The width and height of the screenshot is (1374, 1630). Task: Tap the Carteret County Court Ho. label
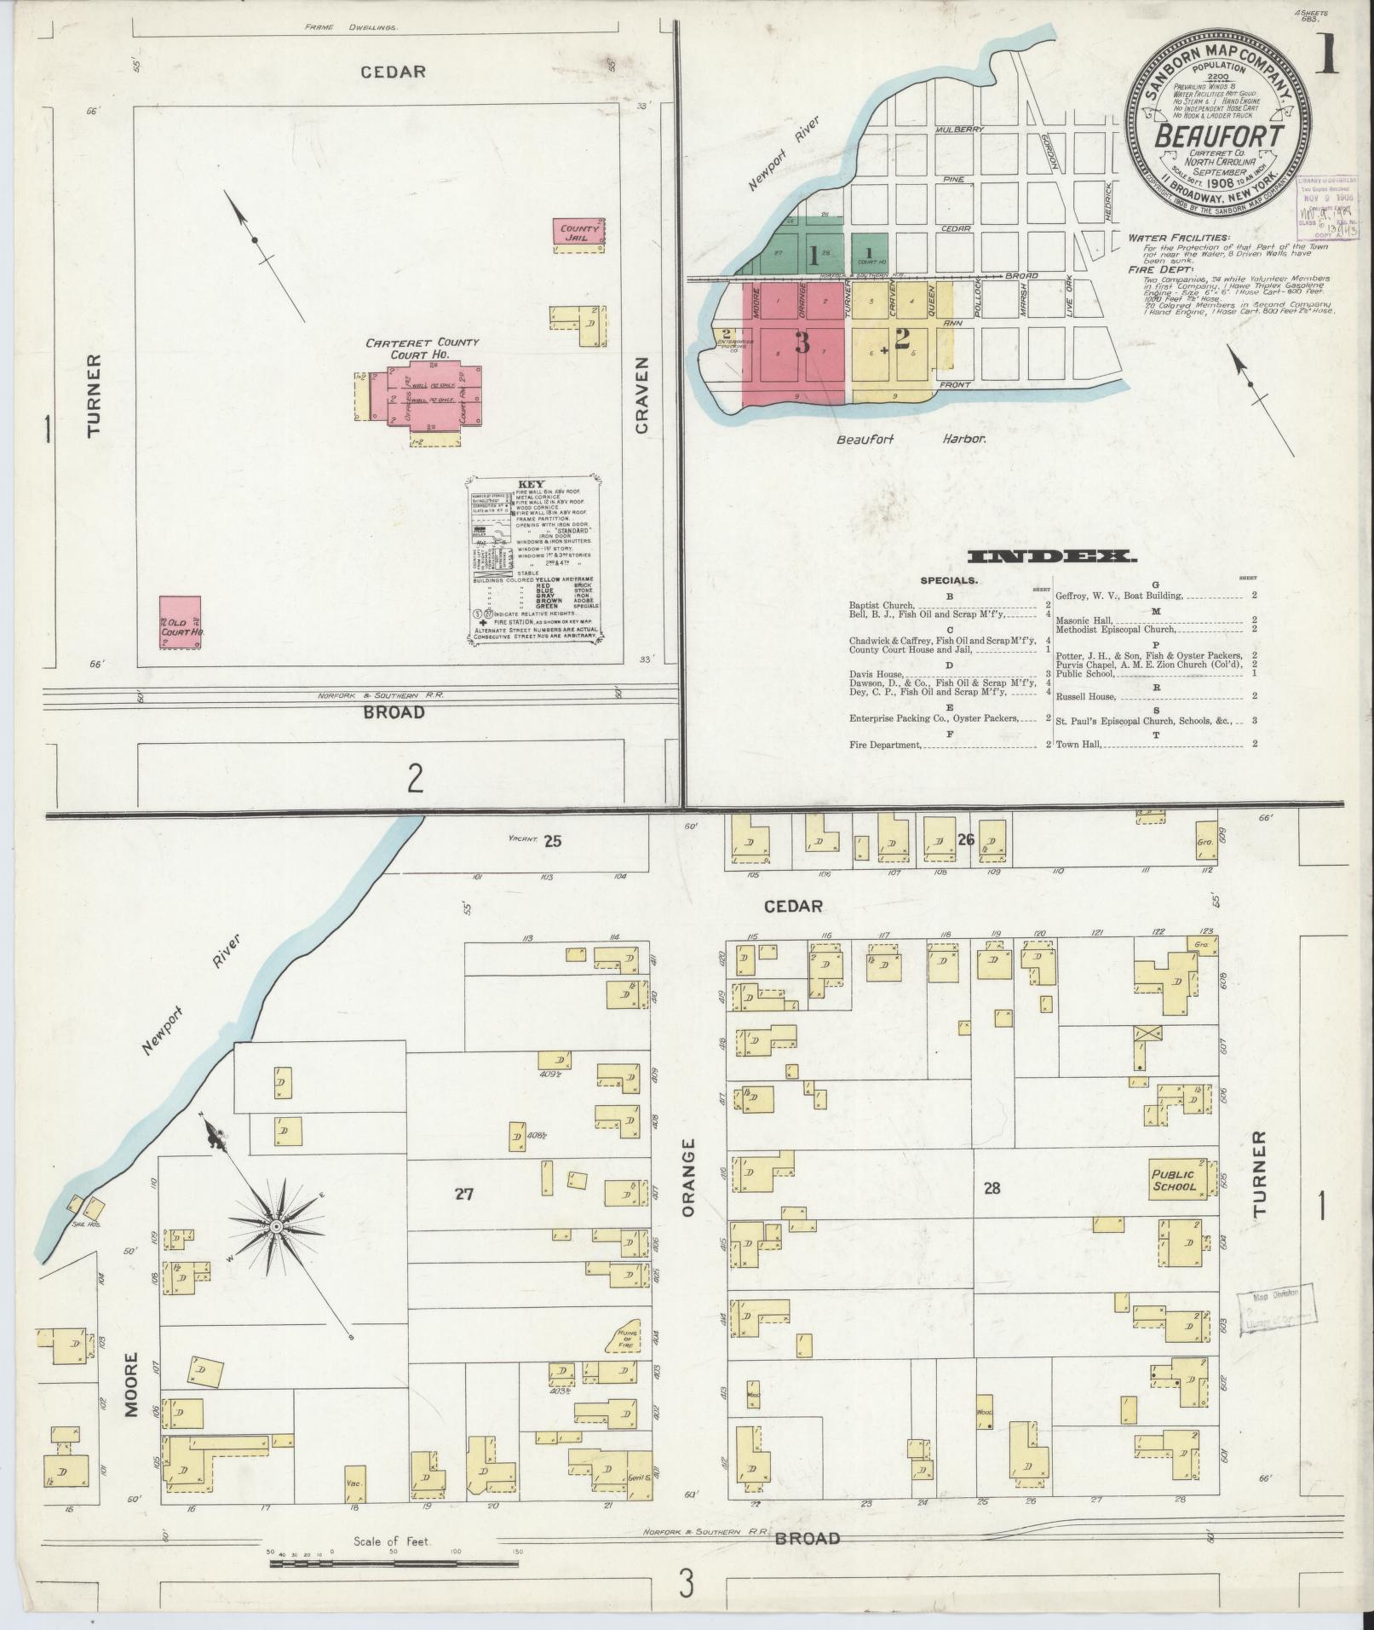(422, 348)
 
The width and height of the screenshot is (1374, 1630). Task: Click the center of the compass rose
(276, 1226)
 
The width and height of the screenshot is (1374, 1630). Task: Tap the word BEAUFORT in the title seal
(1219, 136)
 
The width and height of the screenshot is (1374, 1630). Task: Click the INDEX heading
(1053, 557)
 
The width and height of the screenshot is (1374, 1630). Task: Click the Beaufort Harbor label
(911, 440)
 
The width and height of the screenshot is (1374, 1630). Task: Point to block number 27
(463, 1194)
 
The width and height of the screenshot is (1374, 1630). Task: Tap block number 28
(991, 1188)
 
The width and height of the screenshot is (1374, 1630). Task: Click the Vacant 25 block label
(537, 842)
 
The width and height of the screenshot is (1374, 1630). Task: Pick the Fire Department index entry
(886, 745)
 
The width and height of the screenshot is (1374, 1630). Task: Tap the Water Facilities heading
(1179, 238)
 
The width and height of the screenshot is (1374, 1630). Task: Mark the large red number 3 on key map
(802, 343)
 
